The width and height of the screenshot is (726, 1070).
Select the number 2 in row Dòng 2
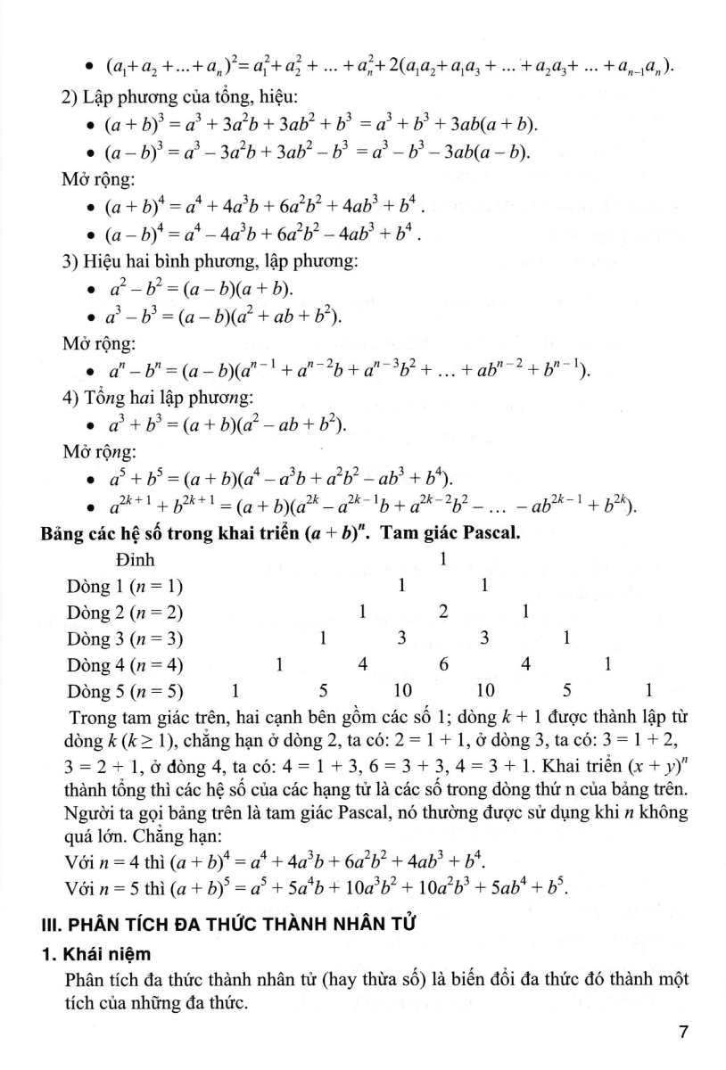443,612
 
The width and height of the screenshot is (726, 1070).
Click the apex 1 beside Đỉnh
443,561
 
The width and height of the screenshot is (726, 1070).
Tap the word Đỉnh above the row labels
136,561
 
